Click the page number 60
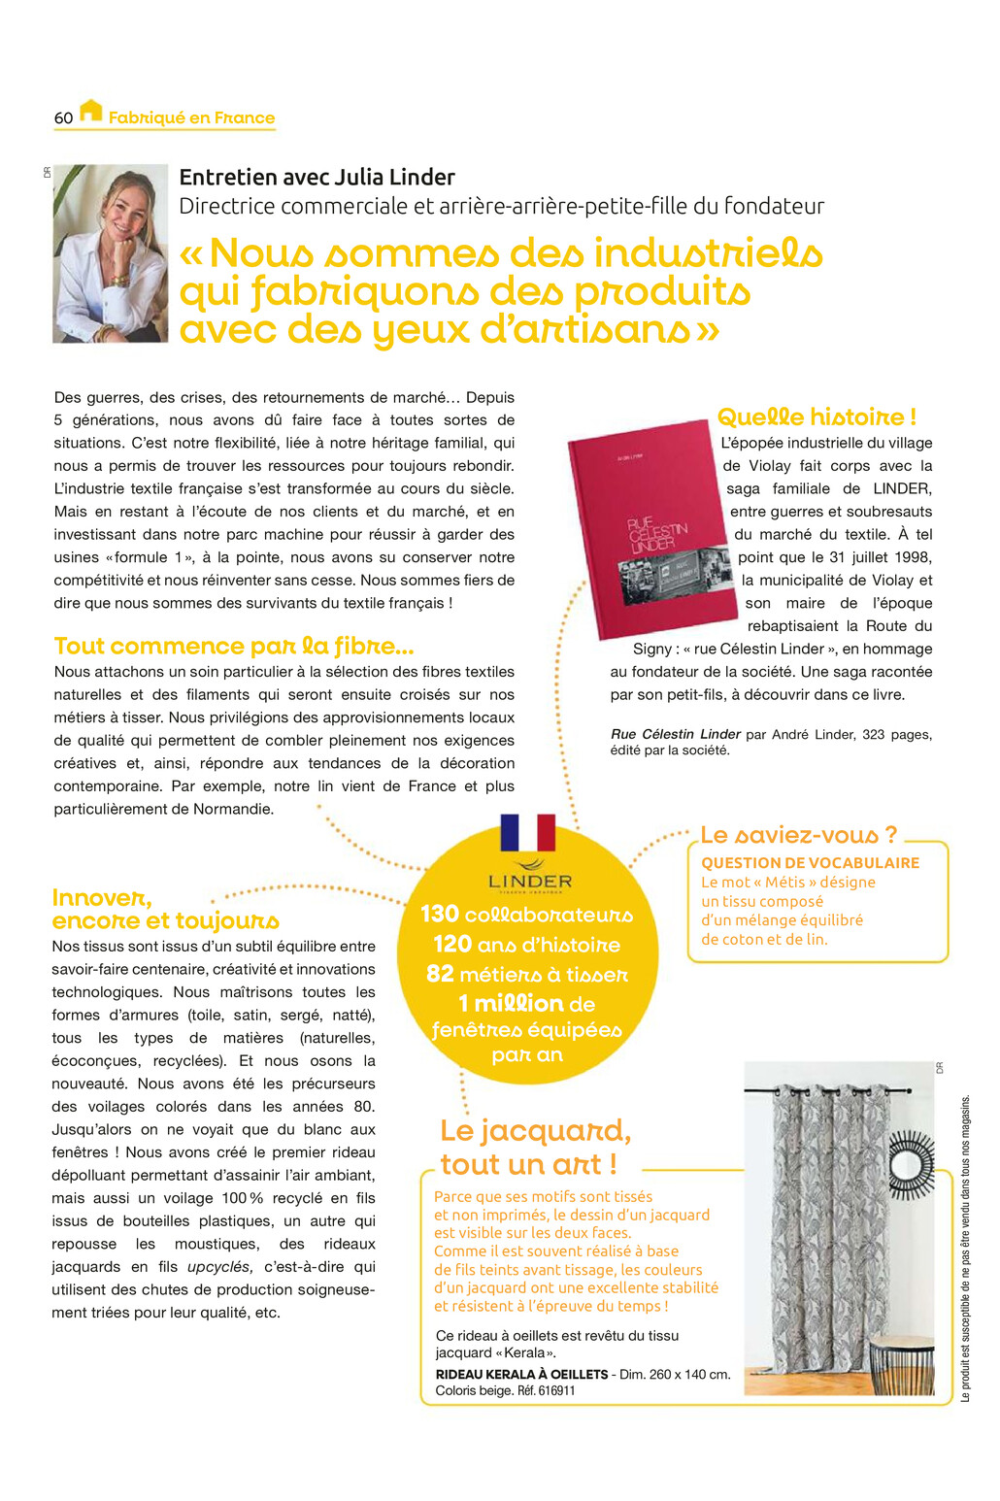pyautogui.click(x=63, y=118)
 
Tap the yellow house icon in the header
pyautogui.click(x=90, y=111)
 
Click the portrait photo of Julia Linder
pyautogui.click(x=110, y=253)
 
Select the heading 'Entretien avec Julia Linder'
pyautogui.click(x=317, y=177)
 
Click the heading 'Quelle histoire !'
pyautogui.click(x=816, y=417)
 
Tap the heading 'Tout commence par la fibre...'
pyautogui.click(x=234, y=647)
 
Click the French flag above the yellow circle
pyautogui.click(x=527, y=833)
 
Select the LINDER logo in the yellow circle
pyautogui.click(x=529, y=877)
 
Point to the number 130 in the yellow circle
pyautogui.click(x=440, y=915)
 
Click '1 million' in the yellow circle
pyautogui.click(x=512, y=1004)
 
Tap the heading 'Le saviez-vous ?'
pyautogui.click(x=798, y=835)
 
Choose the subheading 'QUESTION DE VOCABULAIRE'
pyautogui.click(x=810, y=863)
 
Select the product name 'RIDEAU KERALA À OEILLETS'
pyautogui.click(x=521, y=1375)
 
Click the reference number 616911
pyautogui.click(x=556, y=1391)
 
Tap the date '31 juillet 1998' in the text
pyautogui.click(x=873, y=557)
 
